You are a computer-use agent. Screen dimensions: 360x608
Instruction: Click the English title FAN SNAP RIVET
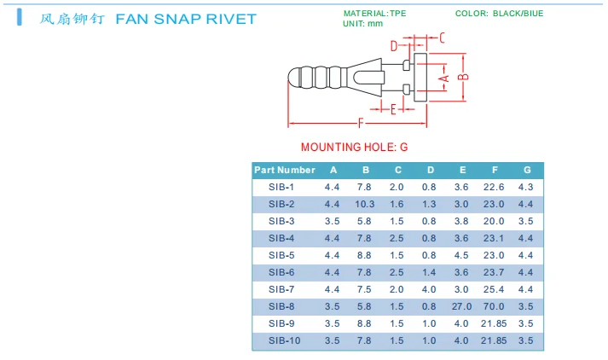pos(185,19)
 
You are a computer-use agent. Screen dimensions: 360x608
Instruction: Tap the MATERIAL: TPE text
pos(374,14)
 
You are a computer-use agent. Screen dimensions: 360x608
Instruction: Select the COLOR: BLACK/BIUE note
pos(499,14)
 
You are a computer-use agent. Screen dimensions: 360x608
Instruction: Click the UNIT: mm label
pos(362,24)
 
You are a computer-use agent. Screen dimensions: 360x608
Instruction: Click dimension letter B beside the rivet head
pos(463,77)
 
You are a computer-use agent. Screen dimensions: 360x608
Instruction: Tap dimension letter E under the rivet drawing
pos(393,109)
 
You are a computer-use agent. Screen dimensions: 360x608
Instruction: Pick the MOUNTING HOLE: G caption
pos(354,147)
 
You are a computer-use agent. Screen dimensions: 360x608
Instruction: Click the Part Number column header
pos(285,170)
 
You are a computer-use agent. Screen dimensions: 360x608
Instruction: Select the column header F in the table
pos(495,170)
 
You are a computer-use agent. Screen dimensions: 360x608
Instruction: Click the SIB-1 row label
pos(281,187)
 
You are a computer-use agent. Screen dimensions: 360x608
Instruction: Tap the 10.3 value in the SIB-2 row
pos(365,204)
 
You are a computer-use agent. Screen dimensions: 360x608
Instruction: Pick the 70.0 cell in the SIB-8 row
pos(495,306)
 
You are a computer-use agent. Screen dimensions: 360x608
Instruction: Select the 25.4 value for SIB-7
pos(495,289)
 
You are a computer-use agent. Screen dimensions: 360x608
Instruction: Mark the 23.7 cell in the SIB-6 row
pos(495,272)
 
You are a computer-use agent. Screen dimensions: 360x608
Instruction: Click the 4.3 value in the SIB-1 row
pos(526,187)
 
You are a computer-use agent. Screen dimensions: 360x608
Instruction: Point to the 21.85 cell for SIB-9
pos(495,323)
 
